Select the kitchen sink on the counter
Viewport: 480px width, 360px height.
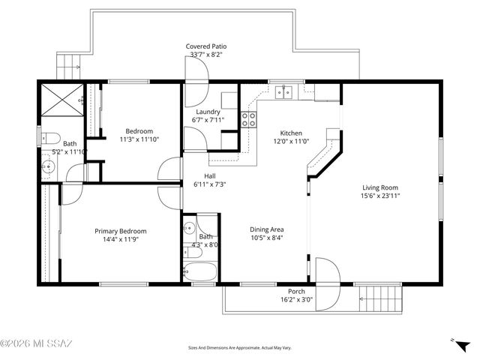click(x=284, y=93)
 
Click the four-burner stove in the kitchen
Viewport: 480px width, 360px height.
click(x=248, y=120)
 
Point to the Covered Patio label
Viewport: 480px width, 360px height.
click(x=206, y=46)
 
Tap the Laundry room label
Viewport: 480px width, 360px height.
click(x=207, y=112)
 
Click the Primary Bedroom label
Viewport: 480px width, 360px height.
click(x=120, y=231)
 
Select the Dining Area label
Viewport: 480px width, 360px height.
click(x=266, y=229)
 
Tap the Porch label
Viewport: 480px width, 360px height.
click(x=296, y=291)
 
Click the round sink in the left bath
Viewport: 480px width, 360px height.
click(x=49, y=166)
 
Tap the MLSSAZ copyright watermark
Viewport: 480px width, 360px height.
click(x=36, y=344)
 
